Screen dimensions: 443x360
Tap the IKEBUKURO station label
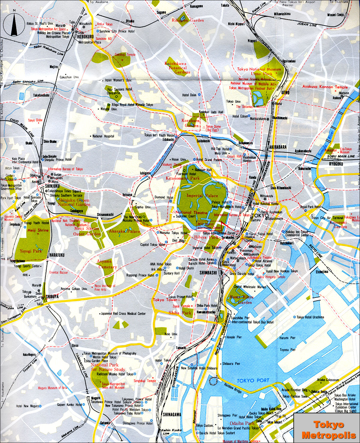pyautogui.click(x=85, y=37)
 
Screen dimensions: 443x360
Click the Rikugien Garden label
pyautogui.click(x=187, y=20)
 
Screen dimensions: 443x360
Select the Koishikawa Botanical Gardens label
pyautogui.click(x=177, y=68)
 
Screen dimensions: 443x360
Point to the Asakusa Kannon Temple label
pyautogui.click(x=325, y=87)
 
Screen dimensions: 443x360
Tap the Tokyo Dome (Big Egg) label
pyautogui.click(x=213, y=128)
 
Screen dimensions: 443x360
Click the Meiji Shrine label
pyautogui.click(x=38, y=230)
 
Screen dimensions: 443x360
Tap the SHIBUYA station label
pyautogui.click(x=52, y=296)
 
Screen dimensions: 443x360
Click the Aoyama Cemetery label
pyautogui.click(x=106, y=264)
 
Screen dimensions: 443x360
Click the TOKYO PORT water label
pyautogui.click(x=253, y=380)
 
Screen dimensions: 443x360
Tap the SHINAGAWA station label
pyautogui.click(x=172, y=415)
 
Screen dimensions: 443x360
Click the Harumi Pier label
pyautogui.click(x=287, y=338)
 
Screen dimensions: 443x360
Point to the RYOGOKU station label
pyautogui.click(x=336, y=164)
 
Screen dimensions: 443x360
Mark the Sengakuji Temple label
pyautogui.click(x=145, y=381)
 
